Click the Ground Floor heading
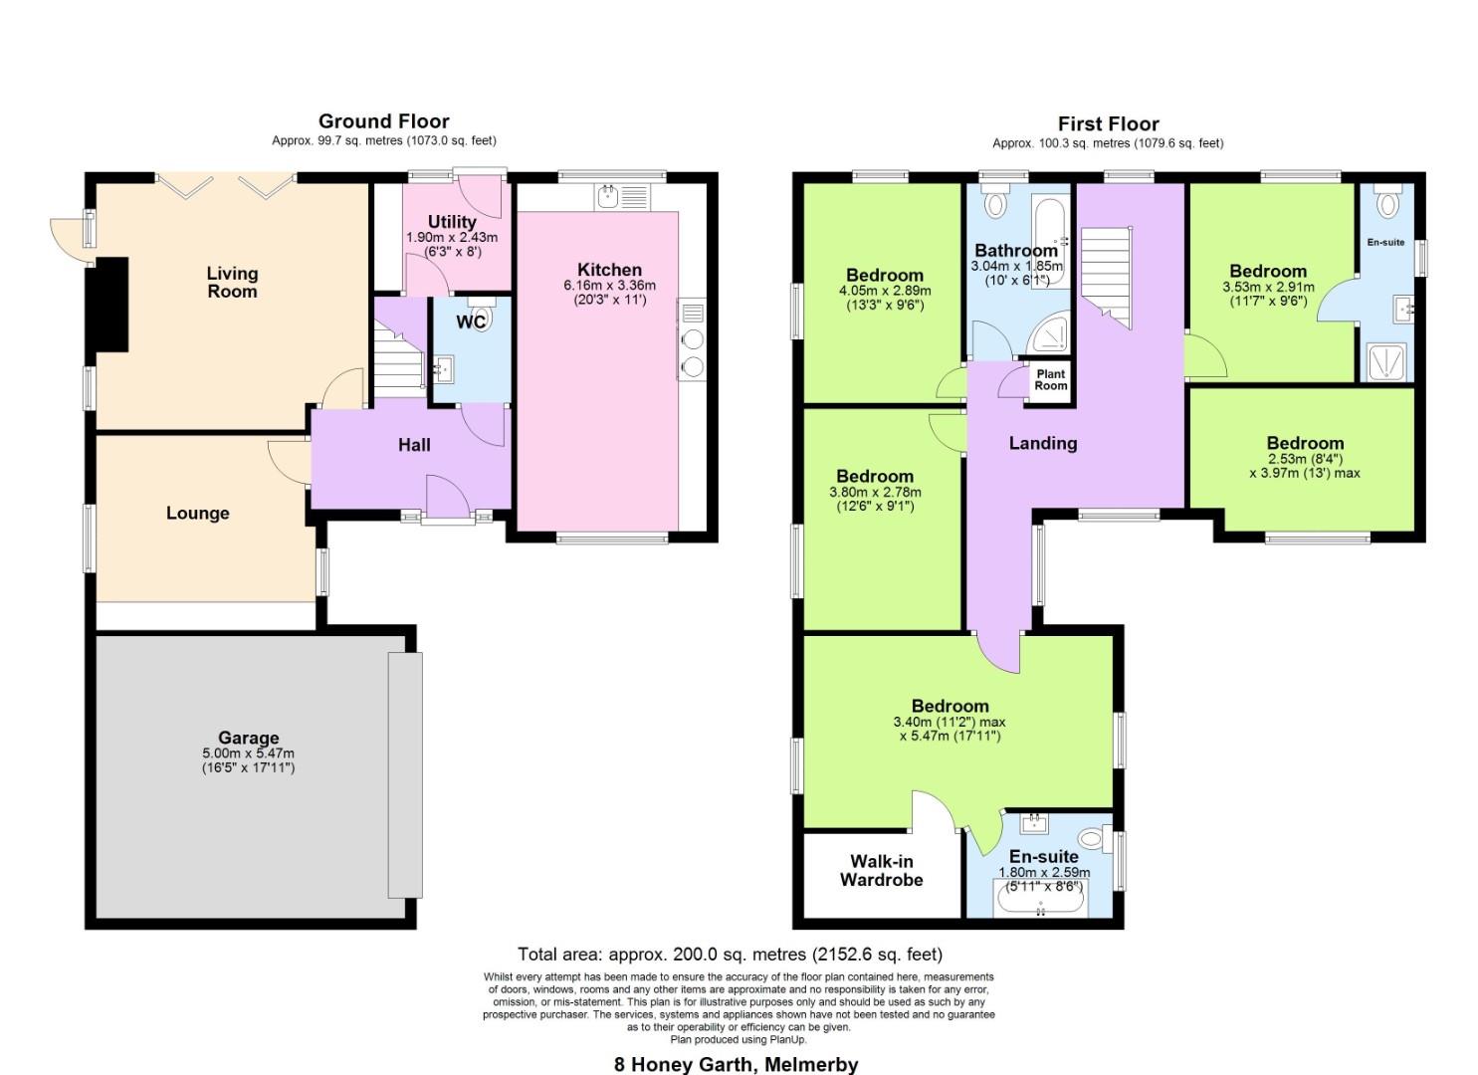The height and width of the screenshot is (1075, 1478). (x=383, y=121)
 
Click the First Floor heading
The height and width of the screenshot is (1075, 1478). (x=1108, y=124)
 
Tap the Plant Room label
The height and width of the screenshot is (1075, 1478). (x=1050, y=380)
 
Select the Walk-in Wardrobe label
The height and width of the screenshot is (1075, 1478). (x=881, y=871)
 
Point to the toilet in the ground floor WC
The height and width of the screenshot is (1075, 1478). (x=481, y=318)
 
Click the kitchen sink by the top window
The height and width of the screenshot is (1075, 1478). (x=610, y=197)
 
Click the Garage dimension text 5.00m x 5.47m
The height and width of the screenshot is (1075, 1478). (x=248, y=753)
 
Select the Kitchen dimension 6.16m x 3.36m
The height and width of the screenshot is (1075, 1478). (x=610, y=285)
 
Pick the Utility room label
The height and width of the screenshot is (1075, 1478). (x=452, y=221)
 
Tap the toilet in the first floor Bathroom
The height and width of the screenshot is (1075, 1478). (x=994, y=203)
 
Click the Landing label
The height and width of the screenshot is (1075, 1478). (x=1042, y=443)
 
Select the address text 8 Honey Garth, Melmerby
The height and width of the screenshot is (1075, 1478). (x=736, y=1064)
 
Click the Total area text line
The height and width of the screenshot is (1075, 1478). (x=730, y=955)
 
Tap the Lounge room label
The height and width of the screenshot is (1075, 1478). (x=197, y=513)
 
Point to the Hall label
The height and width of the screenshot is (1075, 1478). (x=414, y=445)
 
